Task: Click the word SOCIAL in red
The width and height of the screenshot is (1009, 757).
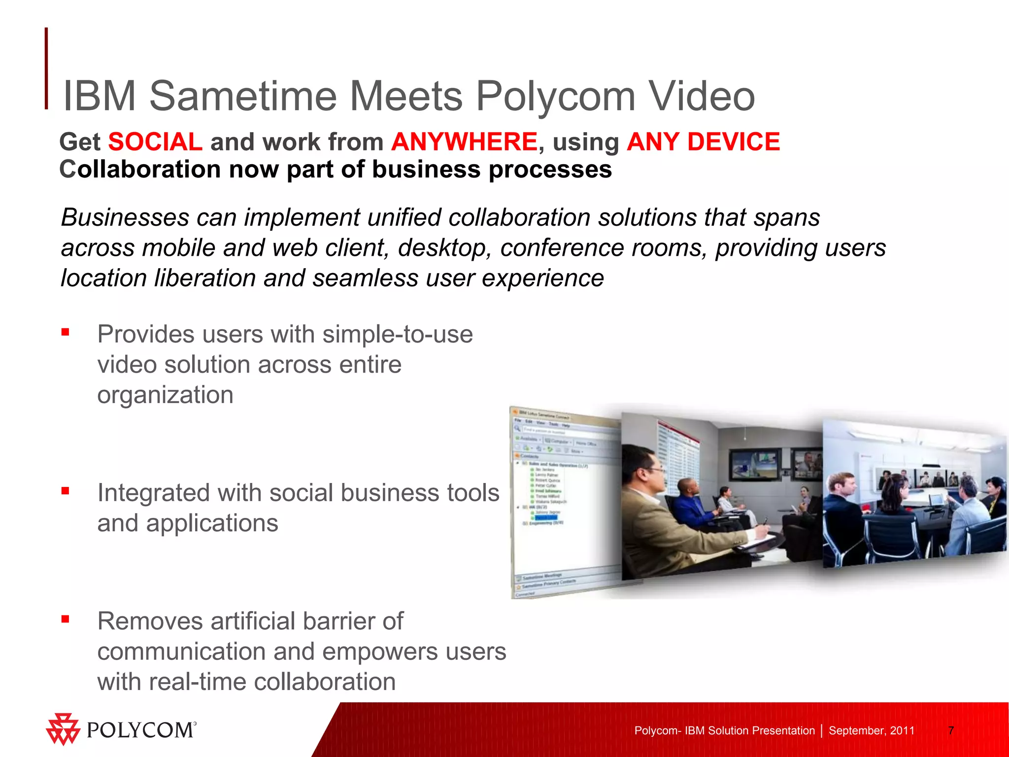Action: (x=155, y=142)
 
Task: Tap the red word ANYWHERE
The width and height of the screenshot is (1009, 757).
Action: (x=464, y=142)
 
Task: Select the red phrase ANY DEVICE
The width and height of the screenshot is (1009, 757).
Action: (x=703, y=142)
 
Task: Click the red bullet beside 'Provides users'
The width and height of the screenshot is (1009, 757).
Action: (x=65, y=332)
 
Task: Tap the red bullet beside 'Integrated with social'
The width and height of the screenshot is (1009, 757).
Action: (x=65, y=490)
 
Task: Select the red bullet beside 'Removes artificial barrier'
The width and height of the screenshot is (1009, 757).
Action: (x=65, y=619)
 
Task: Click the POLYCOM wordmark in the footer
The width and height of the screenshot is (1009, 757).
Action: (x=141, y=730)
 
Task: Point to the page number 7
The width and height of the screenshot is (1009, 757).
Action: (x=951, y=730)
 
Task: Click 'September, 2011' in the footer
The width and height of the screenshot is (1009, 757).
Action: (x=871, y=730)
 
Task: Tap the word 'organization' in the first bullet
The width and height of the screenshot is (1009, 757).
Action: (x=165, y=395)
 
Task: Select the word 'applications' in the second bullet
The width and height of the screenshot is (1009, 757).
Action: (x=212, y=523)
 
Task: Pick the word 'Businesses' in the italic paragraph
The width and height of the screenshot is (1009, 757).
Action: (x=125, y=218)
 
